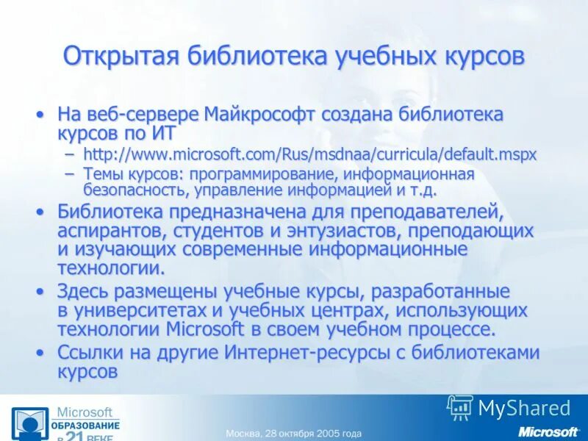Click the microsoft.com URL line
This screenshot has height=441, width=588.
pyautogui.click(x=309, y=154)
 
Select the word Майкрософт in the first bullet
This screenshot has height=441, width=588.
pyautogui.click(x=260, y=115)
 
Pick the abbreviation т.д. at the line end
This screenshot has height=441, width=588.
pyautogui.click(x=422, y=190)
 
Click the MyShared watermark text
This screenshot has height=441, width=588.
pyautogui.click(x=523, y=409)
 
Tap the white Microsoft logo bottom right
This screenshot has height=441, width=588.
pyautogui.click(x=548, y=431)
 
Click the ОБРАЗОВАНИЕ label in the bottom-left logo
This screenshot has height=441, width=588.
pyautogui.click(x=85, y=426)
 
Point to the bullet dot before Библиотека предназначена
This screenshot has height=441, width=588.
pyautogui.click(x=40, y=212)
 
